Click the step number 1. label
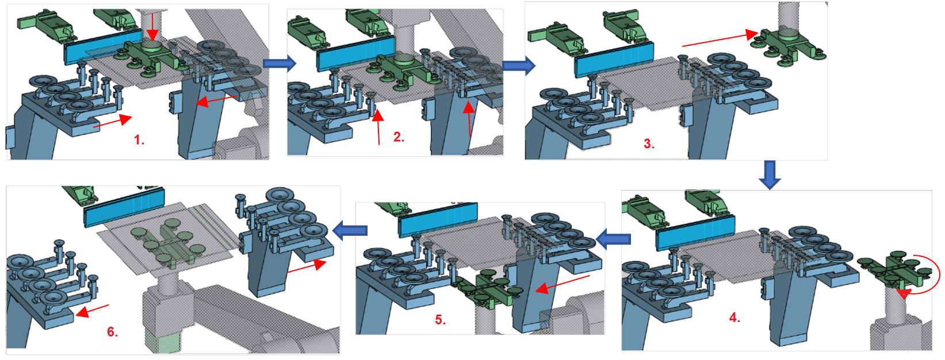[x=139, y=140]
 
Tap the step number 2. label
[x=399, y=137]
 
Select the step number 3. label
[x=649, y=144]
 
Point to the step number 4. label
[x=734, y=317]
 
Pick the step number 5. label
[x=440, y=320]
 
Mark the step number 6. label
[x=113, y=331]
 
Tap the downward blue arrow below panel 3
[x=770, y=175]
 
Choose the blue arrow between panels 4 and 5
[x=614, y=238]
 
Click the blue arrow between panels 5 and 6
[x=350, y=231]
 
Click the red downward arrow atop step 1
[x=152, y=25]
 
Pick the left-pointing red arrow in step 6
[x=92, y=311]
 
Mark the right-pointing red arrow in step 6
[x=306, y=267]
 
